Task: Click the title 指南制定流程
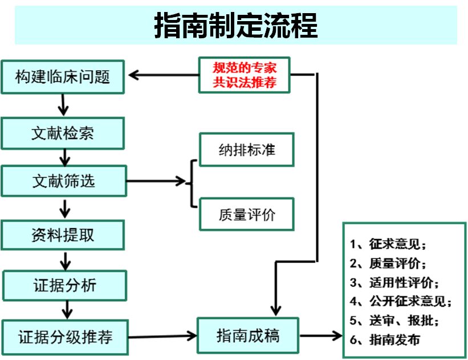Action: [x=235, y=26]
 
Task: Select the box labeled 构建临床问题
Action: [x=62, y=76]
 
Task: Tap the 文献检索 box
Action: [x=62, y=134]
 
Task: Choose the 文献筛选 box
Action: [x=63, y=181]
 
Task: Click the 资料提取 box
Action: [x=62, y=234]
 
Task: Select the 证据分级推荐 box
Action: [x=64, y=337]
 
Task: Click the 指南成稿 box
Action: [x=247, y=335]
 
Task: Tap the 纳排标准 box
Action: [x=246, y=150]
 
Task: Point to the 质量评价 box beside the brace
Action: [x=246, y=215]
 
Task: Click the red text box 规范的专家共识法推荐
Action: [x=245, y=75]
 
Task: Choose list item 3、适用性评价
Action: [x=395, y=282]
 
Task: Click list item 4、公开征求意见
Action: [x=401, y=301]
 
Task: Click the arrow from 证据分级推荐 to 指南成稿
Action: [x=163, y=336]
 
